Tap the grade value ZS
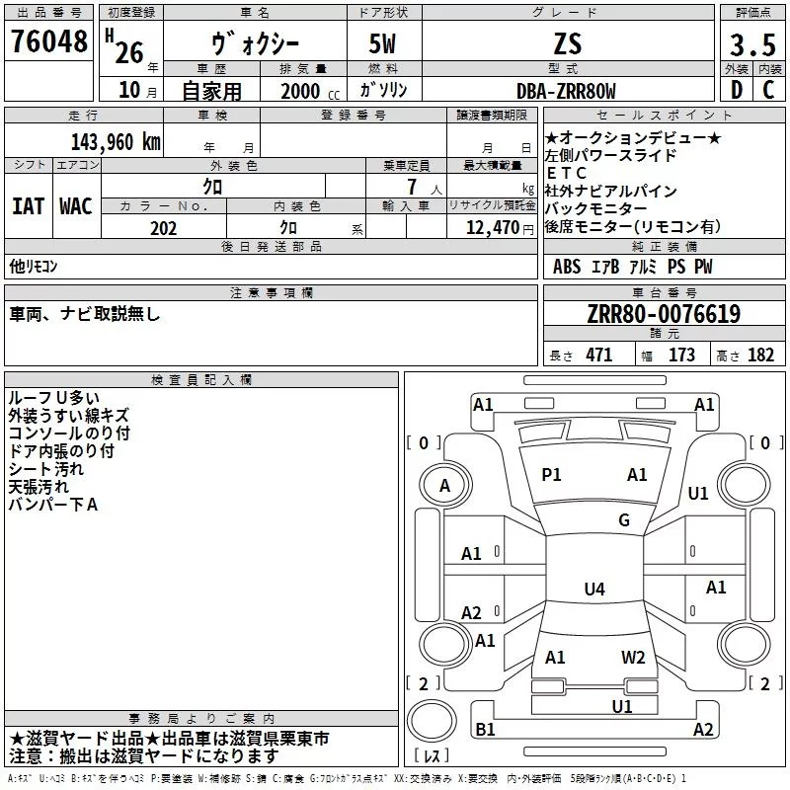click(x=567, y=43)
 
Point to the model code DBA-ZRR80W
click(x=567, y=91)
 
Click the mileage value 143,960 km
click(x=116, y=141)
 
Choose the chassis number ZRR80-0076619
click(x=663, y=314)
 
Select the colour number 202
click(x=163, y=228)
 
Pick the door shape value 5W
click(x=382, y=43)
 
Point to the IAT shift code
click(x=28, y=206)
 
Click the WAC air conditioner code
click(x=75, y=206)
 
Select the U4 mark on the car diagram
click(x=593, y=590)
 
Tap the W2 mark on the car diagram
click(x=633, y=658)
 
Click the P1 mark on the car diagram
click(x=551, y=475)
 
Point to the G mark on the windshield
click(x=624, y=520)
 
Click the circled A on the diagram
click(x=444, y=485)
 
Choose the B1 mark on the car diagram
click(x=485, y=730)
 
